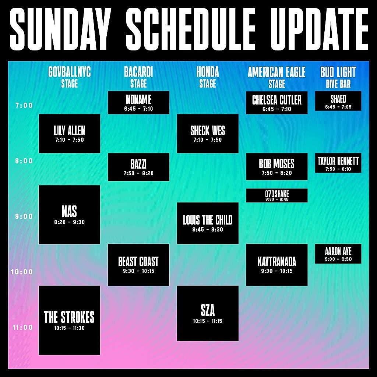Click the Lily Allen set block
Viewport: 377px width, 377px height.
point(69,134)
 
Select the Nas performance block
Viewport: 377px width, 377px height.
point(69,215)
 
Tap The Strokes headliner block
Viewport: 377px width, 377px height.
point(69,320)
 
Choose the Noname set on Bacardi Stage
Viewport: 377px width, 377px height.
point(138,102)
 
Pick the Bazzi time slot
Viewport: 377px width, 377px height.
point(138,167)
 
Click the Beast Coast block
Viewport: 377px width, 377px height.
point(138,265)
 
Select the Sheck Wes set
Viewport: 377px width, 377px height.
point(208,134)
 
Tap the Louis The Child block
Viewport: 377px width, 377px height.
point(208,223)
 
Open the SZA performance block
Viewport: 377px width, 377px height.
point(208,314)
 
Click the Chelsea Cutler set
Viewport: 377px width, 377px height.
point(276,102)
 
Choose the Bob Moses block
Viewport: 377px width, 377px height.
point(276,167)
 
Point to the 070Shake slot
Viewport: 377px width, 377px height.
point(276,195)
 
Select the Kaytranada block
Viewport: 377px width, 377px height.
point(276,265)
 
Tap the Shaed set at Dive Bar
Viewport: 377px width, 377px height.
point(338,101)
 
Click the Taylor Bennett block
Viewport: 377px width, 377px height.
point(338,163)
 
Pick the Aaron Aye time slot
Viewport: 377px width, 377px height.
point(338,254)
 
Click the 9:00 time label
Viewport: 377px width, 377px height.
point(24,216)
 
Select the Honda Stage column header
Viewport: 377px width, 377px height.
point(208,77)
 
